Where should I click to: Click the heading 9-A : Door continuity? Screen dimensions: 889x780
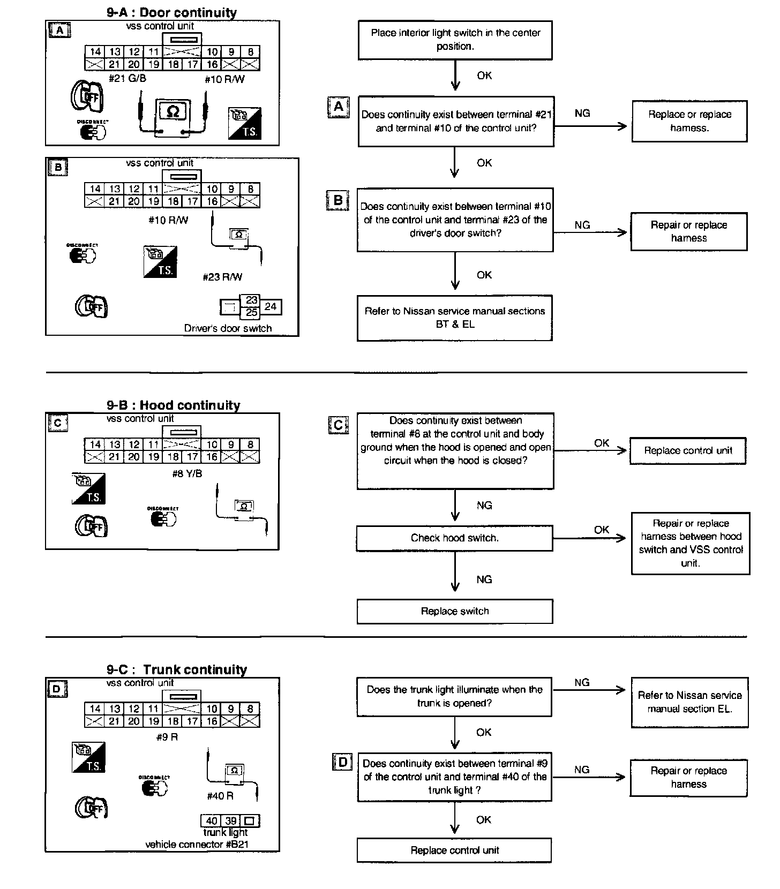pos(171,12)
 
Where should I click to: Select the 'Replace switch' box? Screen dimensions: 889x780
pos(454,611)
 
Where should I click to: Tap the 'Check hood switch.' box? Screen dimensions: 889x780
pos(454,538)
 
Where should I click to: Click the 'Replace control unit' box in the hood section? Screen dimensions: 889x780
pos(688,450)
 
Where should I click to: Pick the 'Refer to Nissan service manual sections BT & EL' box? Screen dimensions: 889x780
pos(454,318)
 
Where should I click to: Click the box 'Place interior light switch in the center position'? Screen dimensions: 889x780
pos(455,40)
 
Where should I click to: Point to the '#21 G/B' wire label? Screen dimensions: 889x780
pos(127,79)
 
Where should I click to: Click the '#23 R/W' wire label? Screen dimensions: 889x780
pos(222,277)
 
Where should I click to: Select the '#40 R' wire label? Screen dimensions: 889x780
pos(220,796)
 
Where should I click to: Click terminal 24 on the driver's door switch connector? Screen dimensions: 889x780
pos(271,306)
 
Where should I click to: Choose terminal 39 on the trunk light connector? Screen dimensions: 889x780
pos(231,821)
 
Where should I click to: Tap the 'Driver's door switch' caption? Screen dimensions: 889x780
pos(228,328)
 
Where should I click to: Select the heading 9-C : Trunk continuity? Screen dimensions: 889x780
pos(177,669)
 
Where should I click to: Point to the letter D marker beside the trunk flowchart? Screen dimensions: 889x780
pos(342,762)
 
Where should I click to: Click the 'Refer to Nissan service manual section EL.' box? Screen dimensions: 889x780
pos(689,702)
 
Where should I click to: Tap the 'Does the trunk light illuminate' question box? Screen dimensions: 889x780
pos(454,696)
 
